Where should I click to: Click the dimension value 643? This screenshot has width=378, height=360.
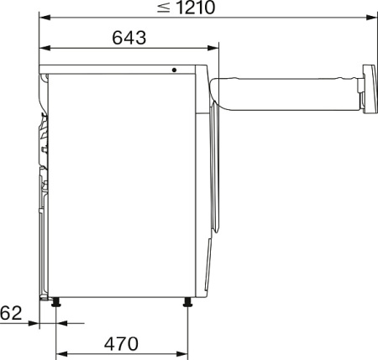(x=128, y=37)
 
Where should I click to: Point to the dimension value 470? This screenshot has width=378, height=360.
(x=122, y=343)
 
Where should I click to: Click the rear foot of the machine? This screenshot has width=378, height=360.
(x=56, y=303)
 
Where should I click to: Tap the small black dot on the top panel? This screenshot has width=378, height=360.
(x=175, y=70)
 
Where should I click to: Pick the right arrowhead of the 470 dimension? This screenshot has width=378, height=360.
(x=185, y=353)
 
